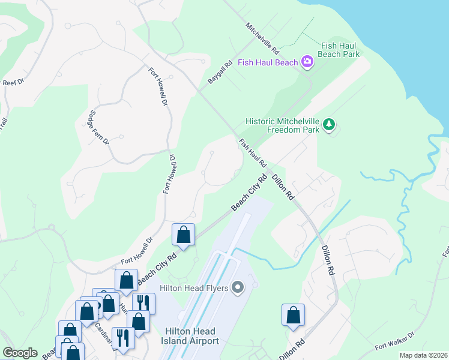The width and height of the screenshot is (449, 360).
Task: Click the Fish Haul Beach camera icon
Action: click(307, 62)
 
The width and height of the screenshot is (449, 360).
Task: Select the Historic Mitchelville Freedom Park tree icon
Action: click(328, 125)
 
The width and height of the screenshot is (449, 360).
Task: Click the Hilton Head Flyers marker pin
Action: click(238, 288)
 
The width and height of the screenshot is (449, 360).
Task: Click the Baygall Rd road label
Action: click(220, 74)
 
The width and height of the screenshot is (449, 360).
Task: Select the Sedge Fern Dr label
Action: click(98, 127)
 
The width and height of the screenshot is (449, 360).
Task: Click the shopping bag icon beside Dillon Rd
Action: click(293, 315)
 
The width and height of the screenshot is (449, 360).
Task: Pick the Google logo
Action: click(20, 353)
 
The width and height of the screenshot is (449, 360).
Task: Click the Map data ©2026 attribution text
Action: click(423, 355)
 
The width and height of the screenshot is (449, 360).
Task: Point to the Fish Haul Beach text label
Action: click(268, 62)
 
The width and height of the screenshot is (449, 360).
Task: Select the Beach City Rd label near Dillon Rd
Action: click(249, 193)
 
